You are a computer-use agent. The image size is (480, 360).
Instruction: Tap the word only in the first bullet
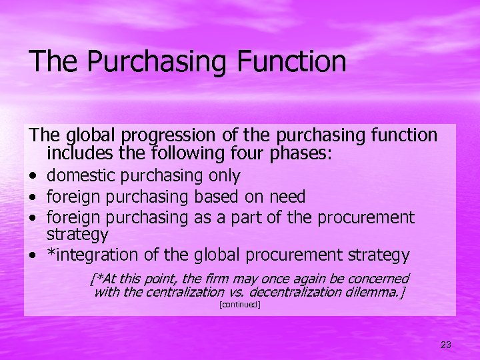click(x=225, y=176)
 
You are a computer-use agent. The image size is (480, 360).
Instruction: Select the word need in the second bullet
click(x=288, y=197)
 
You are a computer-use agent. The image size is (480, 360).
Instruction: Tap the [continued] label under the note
click(x=239, y=305)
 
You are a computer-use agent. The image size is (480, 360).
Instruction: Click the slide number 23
click(x=446, y=345)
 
